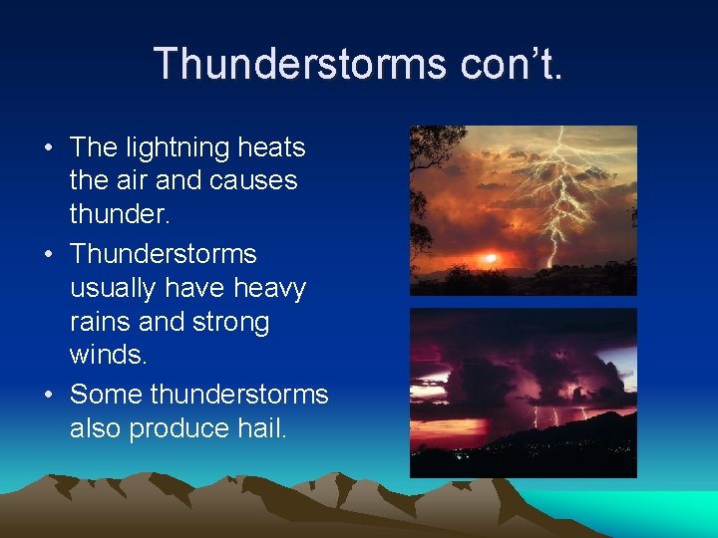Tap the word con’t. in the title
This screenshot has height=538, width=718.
512,65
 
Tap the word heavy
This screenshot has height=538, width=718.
269,289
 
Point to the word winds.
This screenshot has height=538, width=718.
107,356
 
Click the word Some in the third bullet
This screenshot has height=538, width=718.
106,396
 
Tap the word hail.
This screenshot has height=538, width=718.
257,429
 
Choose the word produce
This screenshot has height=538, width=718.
176,429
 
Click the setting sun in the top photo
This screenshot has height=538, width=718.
490,258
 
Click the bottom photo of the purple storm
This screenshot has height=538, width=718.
523,393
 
